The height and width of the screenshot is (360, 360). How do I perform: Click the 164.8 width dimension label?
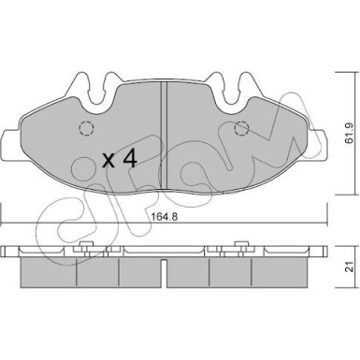click(x=164, y=217)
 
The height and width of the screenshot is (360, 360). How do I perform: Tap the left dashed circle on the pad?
click(x=86, y=128)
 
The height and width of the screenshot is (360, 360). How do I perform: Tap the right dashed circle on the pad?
click(x=241, y=128)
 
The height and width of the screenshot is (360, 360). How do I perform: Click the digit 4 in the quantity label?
click(x=130, y=158)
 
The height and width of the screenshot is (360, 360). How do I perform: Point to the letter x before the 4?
click(x=109, y=161)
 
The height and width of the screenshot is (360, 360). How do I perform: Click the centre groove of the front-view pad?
click(x=164, y=136)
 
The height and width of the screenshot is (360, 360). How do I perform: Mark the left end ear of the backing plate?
click(x=11, y=144)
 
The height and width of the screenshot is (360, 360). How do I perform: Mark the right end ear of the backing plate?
click(x=316, y=144)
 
